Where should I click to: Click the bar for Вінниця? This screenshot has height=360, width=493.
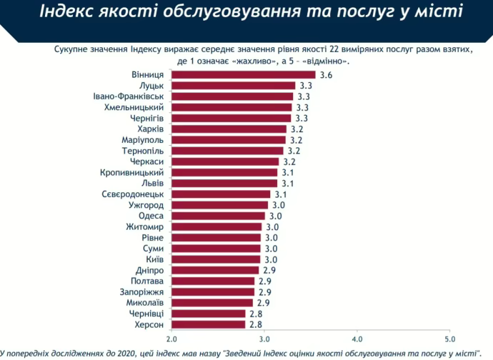[243, 75]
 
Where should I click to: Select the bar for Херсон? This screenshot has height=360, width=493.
[208, 324]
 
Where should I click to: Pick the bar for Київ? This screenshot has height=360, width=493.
[216, 259]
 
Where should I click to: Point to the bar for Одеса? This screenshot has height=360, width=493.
[218, 216]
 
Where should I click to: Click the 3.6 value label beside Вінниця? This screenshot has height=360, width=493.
[326, 75]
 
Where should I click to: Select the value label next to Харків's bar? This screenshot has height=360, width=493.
[297, 129]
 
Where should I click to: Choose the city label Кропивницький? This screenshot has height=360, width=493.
[133, 172]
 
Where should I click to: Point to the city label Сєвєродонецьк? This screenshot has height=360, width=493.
[134, 194]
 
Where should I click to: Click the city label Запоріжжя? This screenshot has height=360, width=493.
[143, 291]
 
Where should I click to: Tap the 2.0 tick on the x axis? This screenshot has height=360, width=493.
[171, 339]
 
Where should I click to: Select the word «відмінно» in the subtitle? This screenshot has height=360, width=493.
[334, 61]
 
